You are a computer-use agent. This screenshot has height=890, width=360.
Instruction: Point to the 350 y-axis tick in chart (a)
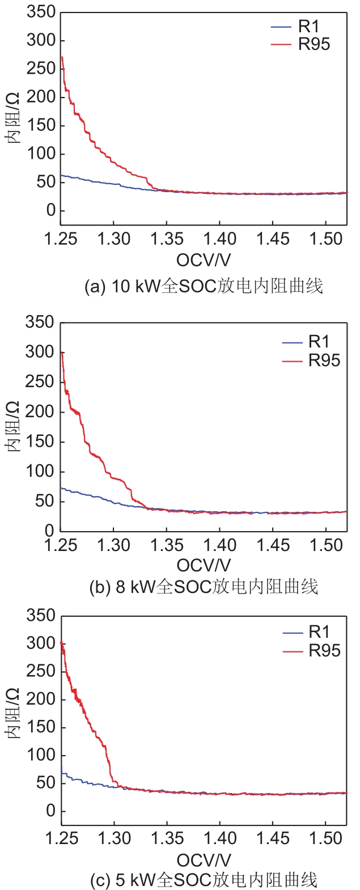(x=41, y=12)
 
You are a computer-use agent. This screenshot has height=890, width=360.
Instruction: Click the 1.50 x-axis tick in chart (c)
(x=326, y=838)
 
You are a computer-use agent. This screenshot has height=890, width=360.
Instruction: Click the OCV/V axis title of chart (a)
(x=204, y=260)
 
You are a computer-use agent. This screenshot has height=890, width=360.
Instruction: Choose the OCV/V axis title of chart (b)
(x=204, y=566)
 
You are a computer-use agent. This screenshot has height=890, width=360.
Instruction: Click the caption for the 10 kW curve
(x=204, y=286)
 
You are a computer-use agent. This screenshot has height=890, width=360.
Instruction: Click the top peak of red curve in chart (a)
(x=62, y=57)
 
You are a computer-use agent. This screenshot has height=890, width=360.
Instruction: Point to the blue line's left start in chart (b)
(x=61, y=488)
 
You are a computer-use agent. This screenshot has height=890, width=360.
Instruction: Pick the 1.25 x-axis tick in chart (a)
(x=61, y=239)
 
